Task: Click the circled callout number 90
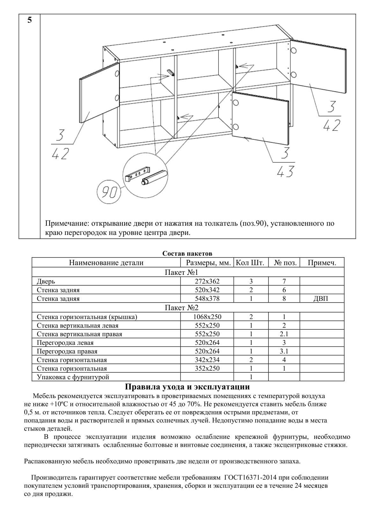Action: point(109,192)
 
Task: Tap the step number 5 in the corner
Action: point(30,20)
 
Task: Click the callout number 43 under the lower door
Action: point(286,172)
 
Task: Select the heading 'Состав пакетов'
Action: point(187,253)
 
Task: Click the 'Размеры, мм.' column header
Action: point(208,263)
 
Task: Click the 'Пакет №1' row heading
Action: point(181,272)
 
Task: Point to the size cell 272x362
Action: point(207,281)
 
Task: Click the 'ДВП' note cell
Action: point(322,298)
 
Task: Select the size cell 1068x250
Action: point(207,317)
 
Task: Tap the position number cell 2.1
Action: point(284,334)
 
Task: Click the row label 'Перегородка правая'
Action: point(67,351)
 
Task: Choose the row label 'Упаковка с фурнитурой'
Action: point(73,377)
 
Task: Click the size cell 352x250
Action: point(207,368)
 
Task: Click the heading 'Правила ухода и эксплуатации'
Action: point(187,387)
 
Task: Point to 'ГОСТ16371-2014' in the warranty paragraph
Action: point(248,478)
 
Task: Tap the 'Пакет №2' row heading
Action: point(181,307)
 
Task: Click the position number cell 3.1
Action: point(284,351)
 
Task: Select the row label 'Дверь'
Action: point(46,281)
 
